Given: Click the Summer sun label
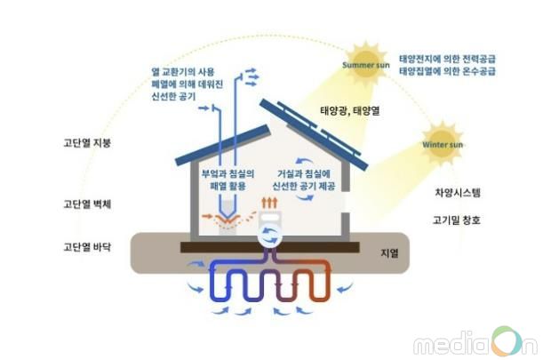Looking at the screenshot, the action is coord(365,65).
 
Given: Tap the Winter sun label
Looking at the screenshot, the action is coord(443,145).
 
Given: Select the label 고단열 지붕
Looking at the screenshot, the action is coord(87,143).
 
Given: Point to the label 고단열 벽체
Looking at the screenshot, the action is coord(87,204).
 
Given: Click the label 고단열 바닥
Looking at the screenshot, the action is coord(87,247).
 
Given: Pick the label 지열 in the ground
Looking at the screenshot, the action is coord(389,253).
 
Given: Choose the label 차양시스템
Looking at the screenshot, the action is coord(458,192).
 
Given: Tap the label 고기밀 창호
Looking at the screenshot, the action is coord(457,220).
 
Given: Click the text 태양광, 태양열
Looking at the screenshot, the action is coord(350,111).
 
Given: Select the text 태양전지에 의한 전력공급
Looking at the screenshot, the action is coord(447,59).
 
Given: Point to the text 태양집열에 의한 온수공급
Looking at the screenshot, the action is coord(447,71).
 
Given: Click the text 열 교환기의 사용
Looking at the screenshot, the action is coord(183,72).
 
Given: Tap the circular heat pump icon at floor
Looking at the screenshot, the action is coord(268,236).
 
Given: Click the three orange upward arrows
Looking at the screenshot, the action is coord(269,203).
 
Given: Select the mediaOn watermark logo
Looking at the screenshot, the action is coord(475,341).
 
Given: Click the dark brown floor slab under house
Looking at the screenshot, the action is coord(270,247).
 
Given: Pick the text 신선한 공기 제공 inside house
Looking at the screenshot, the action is coord(304,186).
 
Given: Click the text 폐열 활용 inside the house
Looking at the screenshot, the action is coord(228,186).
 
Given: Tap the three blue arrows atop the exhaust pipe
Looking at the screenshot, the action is coord(252,76).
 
